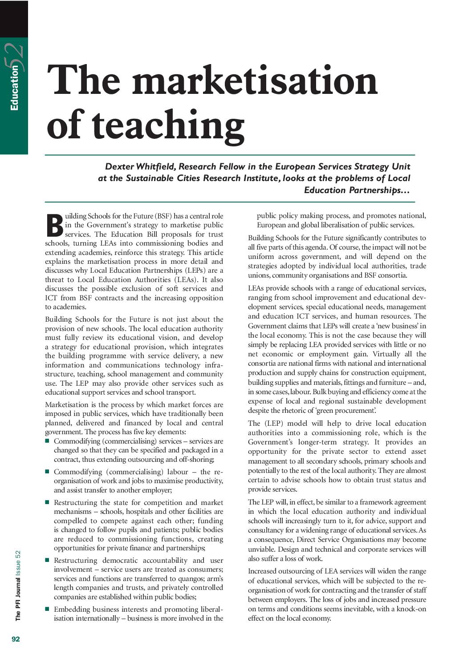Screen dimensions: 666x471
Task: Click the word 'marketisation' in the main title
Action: click(255, 81)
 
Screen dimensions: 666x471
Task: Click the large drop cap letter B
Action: click(54, 226)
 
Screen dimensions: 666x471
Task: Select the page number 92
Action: click(16, 639)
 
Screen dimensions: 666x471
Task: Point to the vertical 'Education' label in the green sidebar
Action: click(15, 88)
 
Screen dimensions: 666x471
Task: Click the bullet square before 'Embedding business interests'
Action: click(47, 609)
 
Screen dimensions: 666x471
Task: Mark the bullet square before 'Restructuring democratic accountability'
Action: click(47, 560)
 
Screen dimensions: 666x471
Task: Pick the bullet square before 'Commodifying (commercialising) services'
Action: click(47, 440)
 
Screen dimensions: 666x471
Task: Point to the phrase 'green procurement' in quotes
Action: click(345, 410)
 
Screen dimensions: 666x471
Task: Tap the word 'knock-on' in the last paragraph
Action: click(411, 609)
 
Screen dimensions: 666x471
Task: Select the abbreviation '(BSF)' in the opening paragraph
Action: click(162, 216)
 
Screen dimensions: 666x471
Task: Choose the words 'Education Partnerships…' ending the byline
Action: click(357, 190)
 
